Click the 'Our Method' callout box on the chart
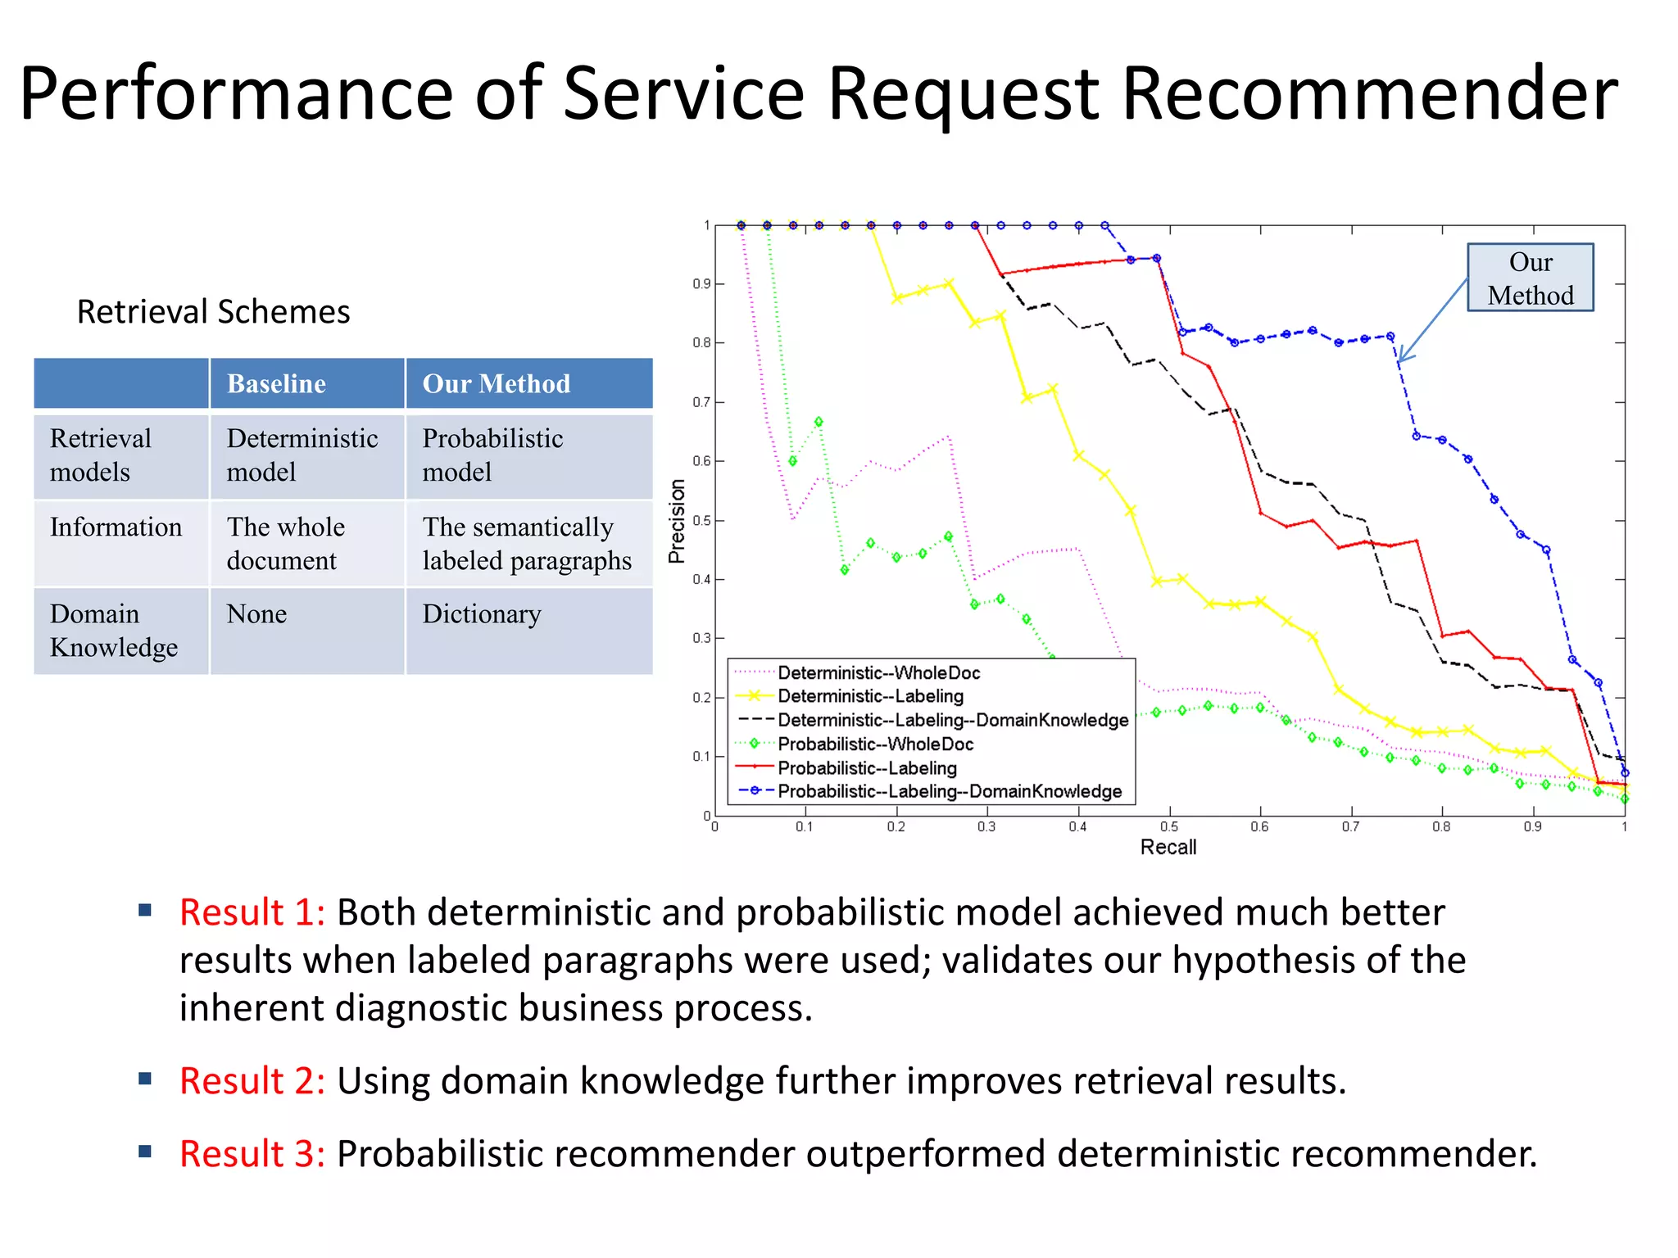pyautogui.click(x=1530, y=278)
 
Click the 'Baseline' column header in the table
pyautogui.click(x=276, y=383)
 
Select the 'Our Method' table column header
pyautogui.click(x=496, y=383)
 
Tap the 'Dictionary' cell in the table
pyautogui.click(x=482, y=614)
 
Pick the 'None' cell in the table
pyautogui.click(x=256, y=614)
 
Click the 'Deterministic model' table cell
pyautogui.click(x=302, y=455)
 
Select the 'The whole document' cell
pyautogui.click(x=285, y=543)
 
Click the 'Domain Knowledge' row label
pyautogui.click(x=113, y=631)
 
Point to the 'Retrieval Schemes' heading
pyautogui.click(x=213, y=312)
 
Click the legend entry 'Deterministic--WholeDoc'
pyautogui.click(x=878, y=673)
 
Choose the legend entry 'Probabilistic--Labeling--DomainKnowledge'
pyautogui.click(x=949, y=792)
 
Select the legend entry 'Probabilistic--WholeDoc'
pyautogui.click(x=875, y=744)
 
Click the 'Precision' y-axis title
pyautogui.click(x=677, y=521)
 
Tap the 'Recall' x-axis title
pyautogui.click(x=1168, y=848)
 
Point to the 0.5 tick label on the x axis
pyautogui.click(x=1169, y=827)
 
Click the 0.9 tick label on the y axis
pyautogui.click(x=701, y=284)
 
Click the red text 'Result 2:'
pyautogui.click(x=252, y=1081)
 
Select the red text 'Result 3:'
pyautogui.click(x=252, y=1154)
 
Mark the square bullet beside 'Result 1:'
pyautogui.click(x=146, y=910)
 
